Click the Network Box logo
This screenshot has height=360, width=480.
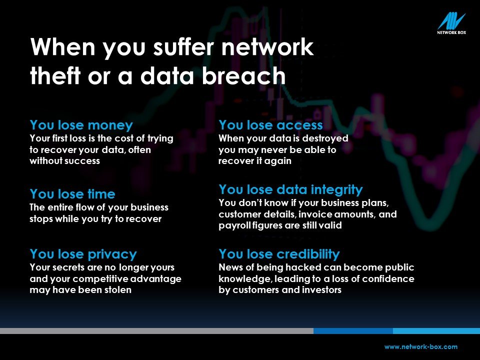[x=451, y=23]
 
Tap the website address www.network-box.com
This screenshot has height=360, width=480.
[x=421, y=347]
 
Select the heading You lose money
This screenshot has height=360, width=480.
[x=81, y=125]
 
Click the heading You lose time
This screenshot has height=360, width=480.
[x=72, y=194]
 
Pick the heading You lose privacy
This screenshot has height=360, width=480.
[x=83, y=254]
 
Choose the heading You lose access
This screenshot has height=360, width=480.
[x=270, y=125]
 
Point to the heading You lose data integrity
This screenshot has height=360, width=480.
[x=291, y=190]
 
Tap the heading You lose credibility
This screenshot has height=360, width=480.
[x=279, y=254]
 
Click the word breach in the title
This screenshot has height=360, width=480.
[x=243, y=75]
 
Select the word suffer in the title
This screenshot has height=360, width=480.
[x=183, y=47]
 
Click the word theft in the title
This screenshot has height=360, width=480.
[x=55, y=75]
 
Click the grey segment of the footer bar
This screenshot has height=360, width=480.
[x=156, y=331]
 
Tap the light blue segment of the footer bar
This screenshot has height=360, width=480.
[x=436, y=331]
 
